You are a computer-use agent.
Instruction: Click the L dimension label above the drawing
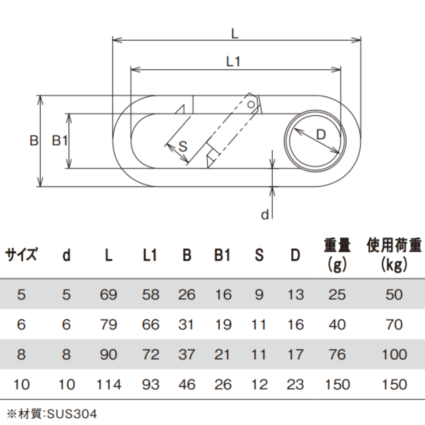(235, 33)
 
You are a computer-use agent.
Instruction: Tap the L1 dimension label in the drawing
(233, 61)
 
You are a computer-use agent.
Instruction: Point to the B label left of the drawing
(34, 140)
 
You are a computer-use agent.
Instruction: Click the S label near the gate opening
(183, 147)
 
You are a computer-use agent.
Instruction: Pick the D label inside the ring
(322, 135)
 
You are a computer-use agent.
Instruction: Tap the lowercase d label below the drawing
(265, 214)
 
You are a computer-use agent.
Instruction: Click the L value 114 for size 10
(109, 384)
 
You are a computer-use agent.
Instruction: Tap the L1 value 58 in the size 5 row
(150, 294)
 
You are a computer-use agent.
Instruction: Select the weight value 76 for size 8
(337, 355)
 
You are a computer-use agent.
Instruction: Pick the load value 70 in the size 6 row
(394, 325)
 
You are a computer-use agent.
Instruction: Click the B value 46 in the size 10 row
(187, 384)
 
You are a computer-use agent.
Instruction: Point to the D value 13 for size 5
(295, 294)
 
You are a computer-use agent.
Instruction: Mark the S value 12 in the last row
(259, 384)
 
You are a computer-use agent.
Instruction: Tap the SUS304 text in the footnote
(72, 414)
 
